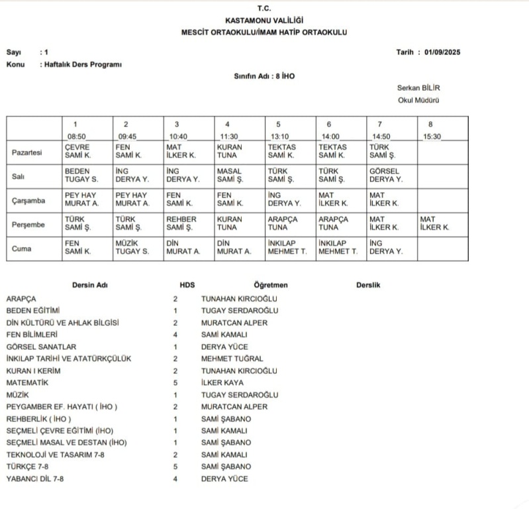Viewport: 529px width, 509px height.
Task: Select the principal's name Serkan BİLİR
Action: pos(418,87)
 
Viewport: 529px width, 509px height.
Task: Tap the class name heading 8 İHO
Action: pos(264,76)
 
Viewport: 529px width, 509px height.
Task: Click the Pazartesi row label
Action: pos(27,152)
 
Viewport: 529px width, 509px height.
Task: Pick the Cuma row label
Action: pos(22,248)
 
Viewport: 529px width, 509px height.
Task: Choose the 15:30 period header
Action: pos(432,136)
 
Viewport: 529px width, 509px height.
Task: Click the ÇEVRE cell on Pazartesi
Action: pos(77,151)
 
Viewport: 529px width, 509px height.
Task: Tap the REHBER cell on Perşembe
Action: pos(181,223)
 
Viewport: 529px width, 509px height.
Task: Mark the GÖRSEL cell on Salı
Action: pos(385,175)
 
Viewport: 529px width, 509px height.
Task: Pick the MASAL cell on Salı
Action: pos(230,175)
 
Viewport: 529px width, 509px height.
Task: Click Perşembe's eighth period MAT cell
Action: pos(434,223)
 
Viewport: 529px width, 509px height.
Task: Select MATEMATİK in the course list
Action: pos(27,382)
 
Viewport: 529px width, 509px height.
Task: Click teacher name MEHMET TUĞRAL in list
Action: pos(232,359)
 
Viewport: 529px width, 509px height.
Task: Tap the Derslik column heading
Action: pos(368,285)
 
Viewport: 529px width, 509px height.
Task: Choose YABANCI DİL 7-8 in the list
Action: pos(35,479)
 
